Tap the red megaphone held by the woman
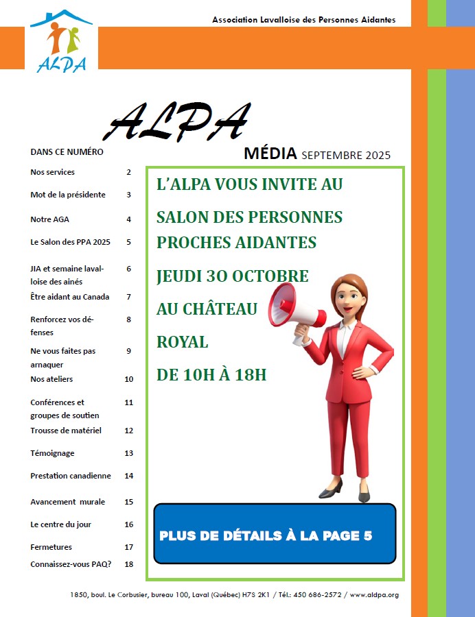(x=296, y=308)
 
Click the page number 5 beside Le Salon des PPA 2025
(x=128, y=242)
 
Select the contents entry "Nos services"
(x=53, y=172)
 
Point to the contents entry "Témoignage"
(x=53, y=453)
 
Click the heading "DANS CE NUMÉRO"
(x=67, y=152)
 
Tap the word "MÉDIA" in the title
(x=270, y=154)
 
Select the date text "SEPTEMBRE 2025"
(x=346, y=155)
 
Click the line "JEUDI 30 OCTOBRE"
(x=232, y=276)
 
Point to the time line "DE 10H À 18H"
(x=211, y=375)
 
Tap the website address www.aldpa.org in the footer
(x=374, y=594)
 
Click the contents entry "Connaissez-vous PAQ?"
(x=71, y=564)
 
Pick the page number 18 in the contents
(x=128, y=564)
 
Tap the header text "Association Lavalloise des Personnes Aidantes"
(x=304, y=20)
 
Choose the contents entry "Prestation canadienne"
(x=71, y=476)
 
